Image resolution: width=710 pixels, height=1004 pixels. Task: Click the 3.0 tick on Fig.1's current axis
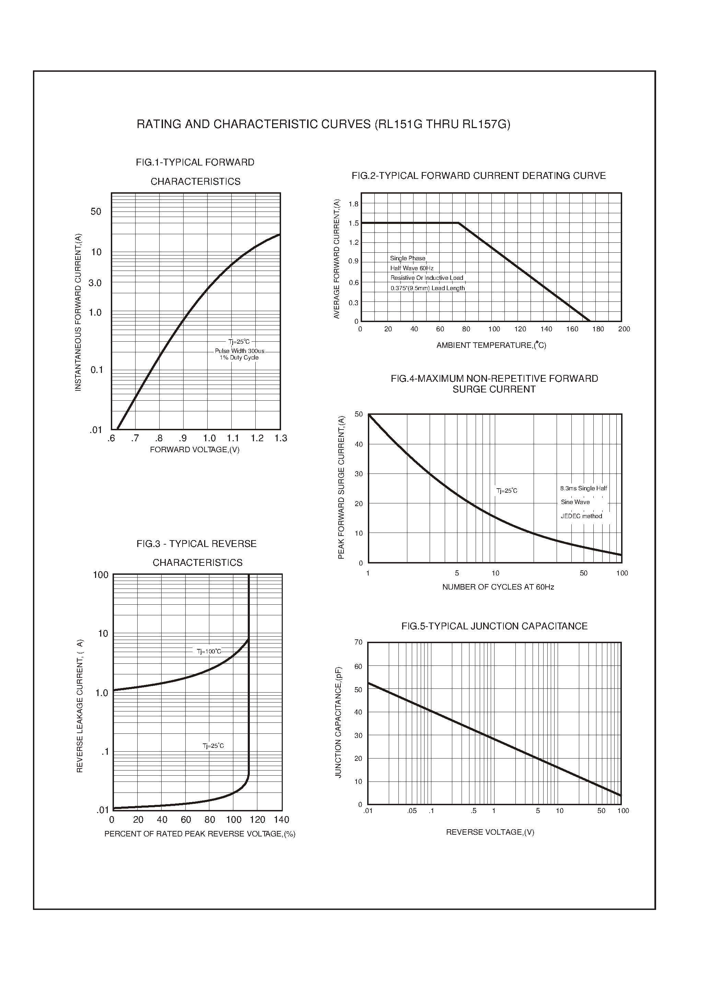pos(95,283)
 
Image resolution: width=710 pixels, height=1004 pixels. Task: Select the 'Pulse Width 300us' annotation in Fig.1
pos(240,351)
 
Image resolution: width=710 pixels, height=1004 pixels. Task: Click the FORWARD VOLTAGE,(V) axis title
pos(195,450)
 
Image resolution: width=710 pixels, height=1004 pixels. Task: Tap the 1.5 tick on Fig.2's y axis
pos(353,224)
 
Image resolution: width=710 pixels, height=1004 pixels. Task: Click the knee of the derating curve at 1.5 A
pos(458,223)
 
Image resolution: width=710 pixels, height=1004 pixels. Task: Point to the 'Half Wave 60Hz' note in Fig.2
pos(412,268)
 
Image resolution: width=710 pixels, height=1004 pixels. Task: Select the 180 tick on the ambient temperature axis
pos(598,329)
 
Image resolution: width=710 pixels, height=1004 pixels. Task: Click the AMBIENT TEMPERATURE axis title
pos(491,345)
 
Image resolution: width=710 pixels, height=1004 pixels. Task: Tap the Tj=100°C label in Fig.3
pos(209,651)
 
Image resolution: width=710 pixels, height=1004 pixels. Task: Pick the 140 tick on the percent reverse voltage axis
pos(281,819)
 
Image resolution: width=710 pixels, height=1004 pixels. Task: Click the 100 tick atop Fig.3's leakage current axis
pos(101,575)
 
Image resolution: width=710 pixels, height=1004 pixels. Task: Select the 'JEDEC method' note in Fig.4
pos(581,516)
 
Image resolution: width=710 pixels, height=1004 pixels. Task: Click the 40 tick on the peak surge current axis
pos(359,444)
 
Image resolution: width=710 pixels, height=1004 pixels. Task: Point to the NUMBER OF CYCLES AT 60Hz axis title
pos(498,587)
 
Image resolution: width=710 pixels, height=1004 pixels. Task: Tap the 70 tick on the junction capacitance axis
pos(359,642)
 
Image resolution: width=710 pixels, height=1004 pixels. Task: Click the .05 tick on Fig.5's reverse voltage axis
pos(411,811)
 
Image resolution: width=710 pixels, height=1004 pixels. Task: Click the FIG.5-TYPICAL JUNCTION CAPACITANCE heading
pos(494,626)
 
